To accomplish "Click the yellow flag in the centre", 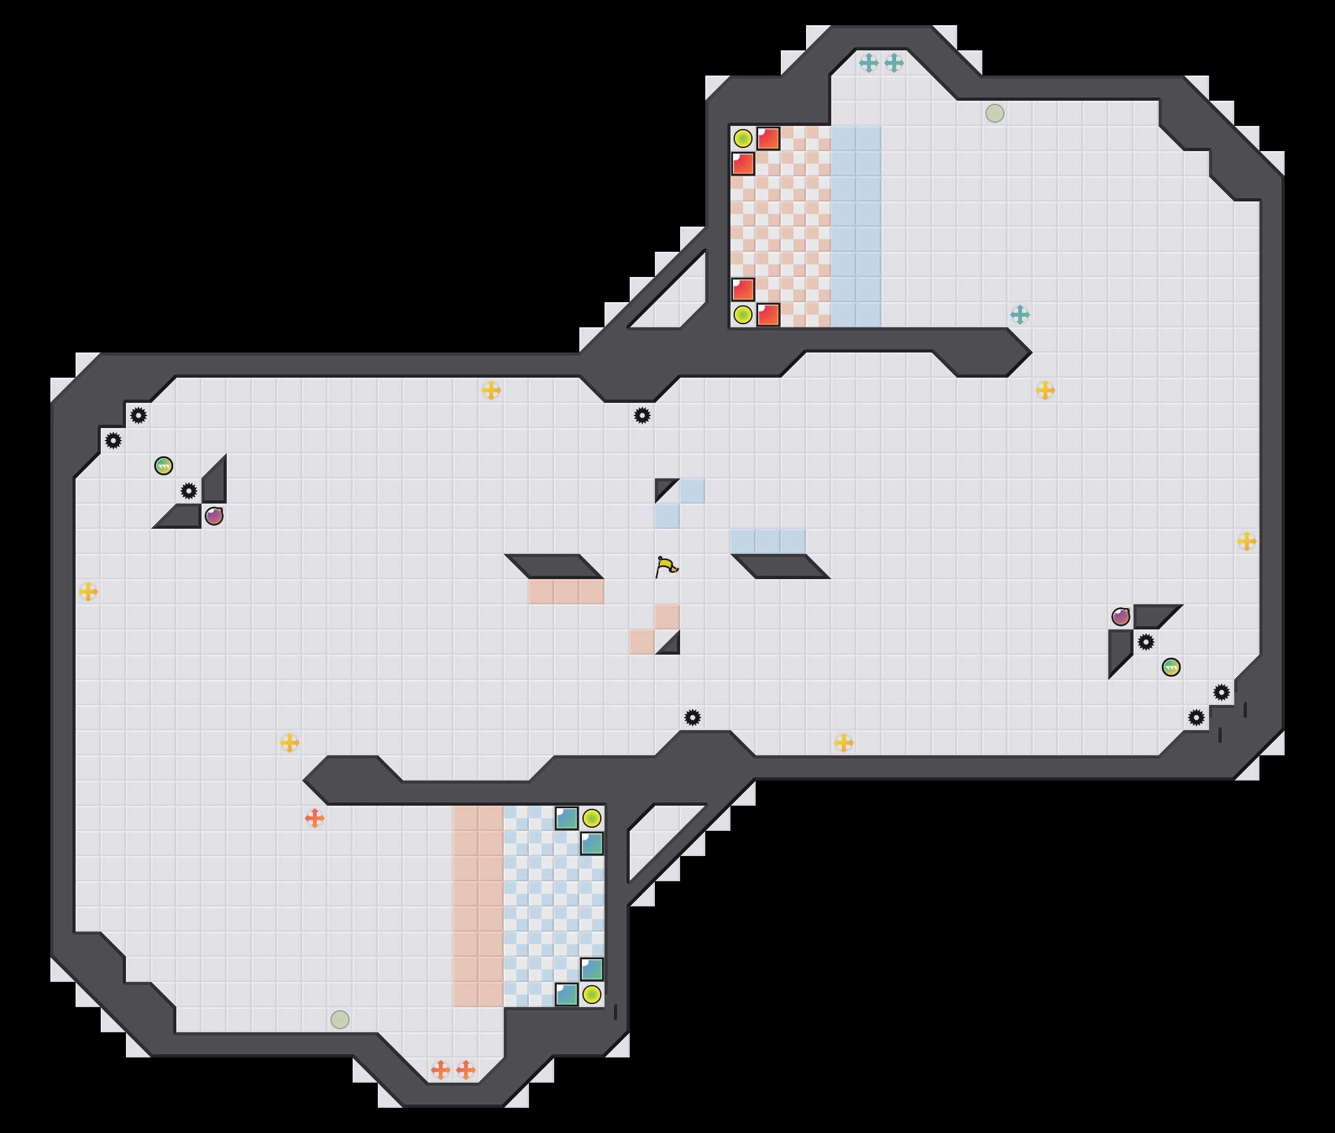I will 667,566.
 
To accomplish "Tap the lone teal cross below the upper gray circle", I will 1020,315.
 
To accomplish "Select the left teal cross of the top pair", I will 868,63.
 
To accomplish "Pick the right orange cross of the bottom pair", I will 466,1070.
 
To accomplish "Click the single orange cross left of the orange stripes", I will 314,818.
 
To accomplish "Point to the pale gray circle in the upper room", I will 994,113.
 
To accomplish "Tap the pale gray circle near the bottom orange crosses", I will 340,1019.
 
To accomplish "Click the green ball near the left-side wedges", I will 164,466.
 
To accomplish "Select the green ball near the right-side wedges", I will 1171,667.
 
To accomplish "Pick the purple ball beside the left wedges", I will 214,516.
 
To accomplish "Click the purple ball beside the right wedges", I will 1121,617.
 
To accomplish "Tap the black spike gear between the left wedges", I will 189,492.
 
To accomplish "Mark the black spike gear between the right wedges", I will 1146,642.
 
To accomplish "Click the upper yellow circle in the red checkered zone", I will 742,138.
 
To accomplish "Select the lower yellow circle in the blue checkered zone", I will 592,995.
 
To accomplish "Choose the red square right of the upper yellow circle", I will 768,138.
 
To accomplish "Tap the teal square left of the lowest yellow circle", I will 567,995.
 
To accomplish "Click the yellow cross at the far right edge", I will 1246,541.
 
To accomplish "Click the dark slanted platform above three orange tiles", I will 554,566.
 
